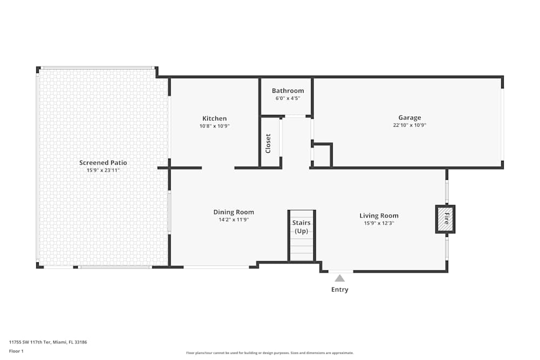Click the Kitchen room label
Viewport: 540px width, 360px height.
tap(214, 118)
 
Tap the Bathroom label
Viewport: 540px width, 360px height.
tap(288, 91)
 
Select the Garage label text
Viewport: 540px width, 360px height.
tap(409, 118)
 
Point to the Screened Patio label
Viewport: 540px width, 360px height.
tap(103, 162)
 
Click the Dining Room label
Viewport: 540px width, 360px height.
tap(233, 212)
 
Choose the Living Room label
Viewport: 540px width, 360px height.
tap(379, 215)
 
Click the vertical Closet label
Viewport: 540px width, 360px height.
tap(268, 144)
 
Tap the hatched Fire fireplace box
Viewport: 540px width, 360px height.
tap(446, 219)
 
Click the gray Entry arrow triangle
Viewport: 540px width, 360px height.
tap(340, 278)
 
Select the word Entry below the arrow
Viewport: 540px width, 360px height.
tap(340, 289)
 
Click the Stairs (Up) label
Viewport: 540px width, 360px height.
tap(301, 227)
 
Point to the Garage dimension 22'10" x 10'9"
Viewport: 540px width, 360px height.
tap(409, 125)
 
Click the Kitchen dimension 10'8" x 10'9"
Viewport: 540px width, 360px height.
tap(214, 126)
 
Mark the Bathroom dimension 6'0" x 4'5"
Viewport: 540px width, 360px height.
tap(288, 98)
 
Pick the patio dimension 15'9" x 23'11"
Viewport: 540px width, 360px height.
tap(103, 170)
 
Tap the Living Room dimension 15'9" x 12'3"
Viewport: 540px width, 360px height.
tap(379, 223)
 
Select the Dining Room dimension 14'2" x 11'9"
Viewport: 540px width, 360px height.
tap(233, 220)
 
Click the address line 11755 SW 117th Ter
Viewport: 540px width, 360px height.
tap(48, 342)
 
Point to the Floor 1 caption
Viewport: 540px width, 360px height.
tap(16, 351)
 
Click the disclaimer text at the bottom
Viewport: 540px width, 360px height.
tap(269, 353)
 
